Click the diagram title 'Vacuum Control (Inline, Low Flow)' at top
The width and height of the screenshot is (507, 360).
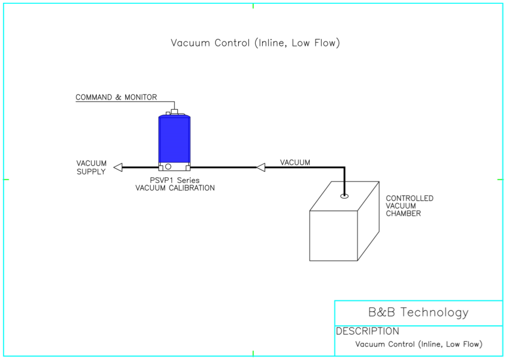pos(255,43)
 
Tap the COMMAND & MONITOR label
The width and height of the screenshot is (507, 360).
pos(116,97)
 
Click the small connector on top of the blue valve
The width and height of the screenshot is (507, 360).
pos(174,111)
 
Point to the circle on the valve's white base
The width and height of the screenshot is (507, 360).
pos(169,166)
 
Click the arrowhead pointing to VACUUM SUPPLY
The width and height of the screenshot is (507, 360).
pos(118,167)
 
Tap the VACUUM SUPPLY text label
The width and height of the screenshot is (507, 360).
pos(91,167)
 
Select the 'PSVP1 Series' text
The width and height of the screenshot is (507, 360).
pos(174,180)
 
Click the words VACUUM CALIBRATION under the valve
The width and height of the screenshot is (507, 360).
pos(175,188)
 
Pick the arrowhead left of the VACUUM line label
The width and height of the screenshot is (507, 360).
pos(261,167)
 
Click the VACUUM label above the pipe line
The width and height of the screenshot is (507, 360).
pos(295,162)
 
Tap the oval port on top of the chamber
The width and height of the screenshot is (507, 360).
pos(344,196)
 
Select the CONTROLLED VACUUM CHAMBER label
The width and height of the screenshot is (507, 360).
pos(409,206)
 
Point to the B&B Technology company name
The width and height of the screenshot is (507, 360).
pos(418,313)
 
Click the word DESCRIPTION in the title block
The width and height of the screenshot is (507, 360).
pos(367,331)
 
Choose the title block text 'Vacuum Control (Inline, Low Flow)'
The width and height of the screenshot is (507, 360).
pos(419,344)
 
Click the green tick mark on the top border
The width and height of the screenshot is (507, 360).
pos(253,6)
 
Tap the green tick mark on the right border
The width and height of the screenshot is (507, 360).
pos(500,179)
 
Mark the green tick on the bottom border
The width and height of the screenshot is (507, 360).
pos(253,354)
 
